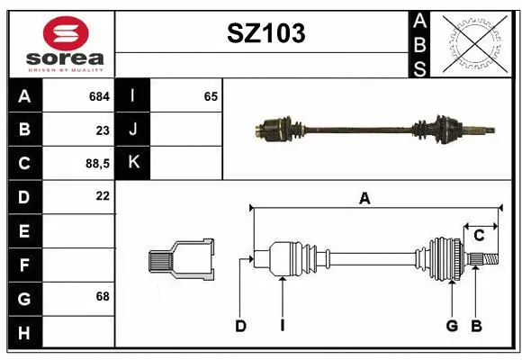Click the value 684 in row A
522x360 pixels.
point(99,96)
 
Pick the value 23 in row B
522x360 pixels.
point(102,130)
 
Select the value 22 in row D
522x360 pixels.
point(102,196)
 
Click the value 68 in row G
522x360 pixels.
point(102,296)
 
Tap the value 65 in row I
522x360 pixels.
point(211,96)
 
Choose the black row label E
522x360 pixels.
point(23,230)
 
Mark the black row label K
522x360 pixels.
point(133,163)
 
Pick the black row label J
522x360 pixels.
point(133,130)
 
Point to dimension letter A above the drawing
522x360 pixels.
point(364,199)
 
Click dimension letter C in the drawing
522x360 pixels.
point(479,236)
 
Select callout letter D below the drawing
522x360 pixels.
point(240,326)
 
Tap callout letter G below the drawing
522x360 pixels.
point(452,326)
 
